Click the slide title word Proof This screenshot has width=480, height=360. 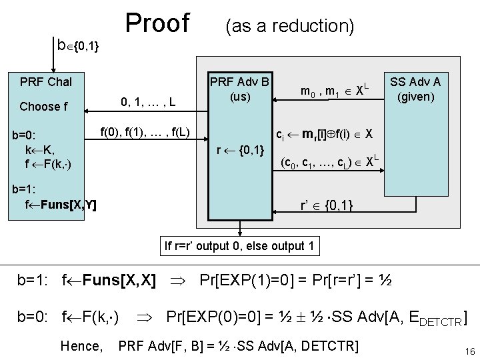157,23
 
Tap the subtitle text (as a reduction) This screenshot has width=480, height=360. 289,26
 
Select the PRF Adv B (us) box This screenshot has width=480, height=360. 239,89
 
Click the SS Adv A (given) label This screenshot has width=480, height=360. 415,89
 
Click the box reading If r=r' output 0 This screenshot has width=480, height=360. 239,246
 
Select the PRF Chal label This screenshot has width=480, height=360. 46,83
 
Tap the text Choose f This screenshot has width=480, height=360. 43,107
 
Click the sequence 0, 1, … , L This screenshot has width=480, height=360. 148,102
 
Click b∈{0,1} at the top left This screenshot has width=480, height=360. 79,45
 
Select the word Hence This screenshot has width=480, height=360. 81,346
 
